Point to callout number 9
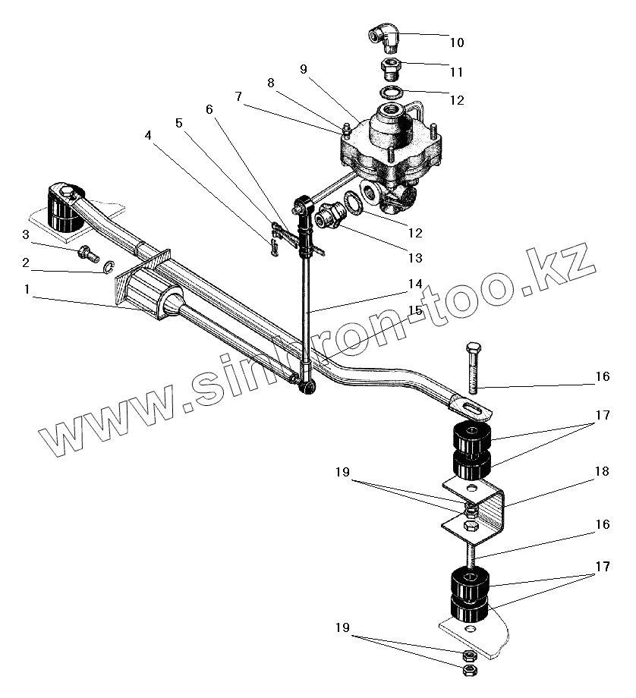pyautogui.click(x=304, y=70)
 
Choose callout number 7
pyautogui.click(x=238, y=97)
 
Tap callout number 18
pyautogui.click(x=602, y=472)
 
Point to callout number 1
pyautogui.click(x=28, y=290)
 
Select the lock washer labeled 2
pyautogui.click(x=107, y=266)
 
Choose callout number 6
pyautogui.click(x=209, y=108)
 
